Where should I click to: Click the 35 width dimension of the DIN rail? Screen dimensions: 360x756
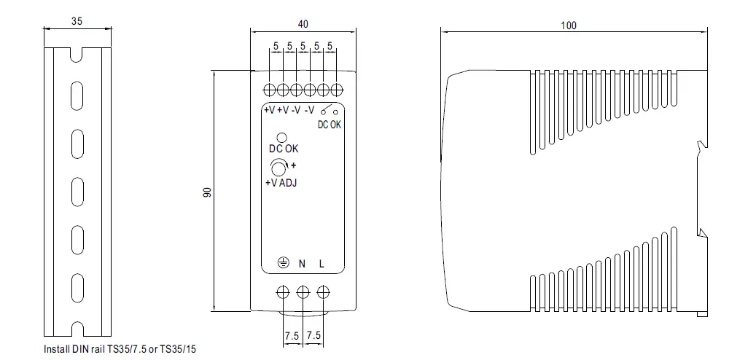pos(77,21)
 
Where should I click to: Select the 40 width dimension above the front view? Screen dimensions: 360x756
pos(303,24)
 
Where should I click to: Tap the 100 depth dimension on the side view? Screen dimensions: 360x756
pos(569,26)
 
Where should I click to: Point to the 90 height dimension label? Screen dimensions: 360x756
pos(207,192)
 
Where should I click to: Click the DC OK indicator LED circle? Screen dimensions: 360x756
pos(282,137)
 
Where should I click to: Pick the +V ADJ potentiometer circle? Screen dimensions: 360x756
pos(278,168)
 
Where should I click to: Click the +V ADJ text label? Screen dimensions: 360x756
pos(281,183)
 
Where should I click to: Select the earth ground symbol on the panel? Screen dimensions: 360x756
pos(283,264)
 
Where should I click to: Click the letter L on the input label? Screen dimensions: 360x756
pos(322,264)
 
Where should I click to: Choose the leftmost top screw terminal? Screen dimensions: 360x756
pos(269,90)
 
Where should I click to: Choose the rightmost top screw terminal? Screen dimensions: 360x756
pos(337,90)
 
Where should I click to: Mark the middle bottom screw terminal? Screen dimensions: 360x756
pos(303,292)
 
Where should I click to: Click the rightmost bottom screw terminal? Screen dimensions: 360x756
pos(323,292)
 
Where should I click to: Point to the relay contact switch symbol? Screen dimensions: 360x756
pos(329,111)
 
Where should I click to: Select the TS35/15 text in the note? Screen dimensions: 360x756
pos(179,350)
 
